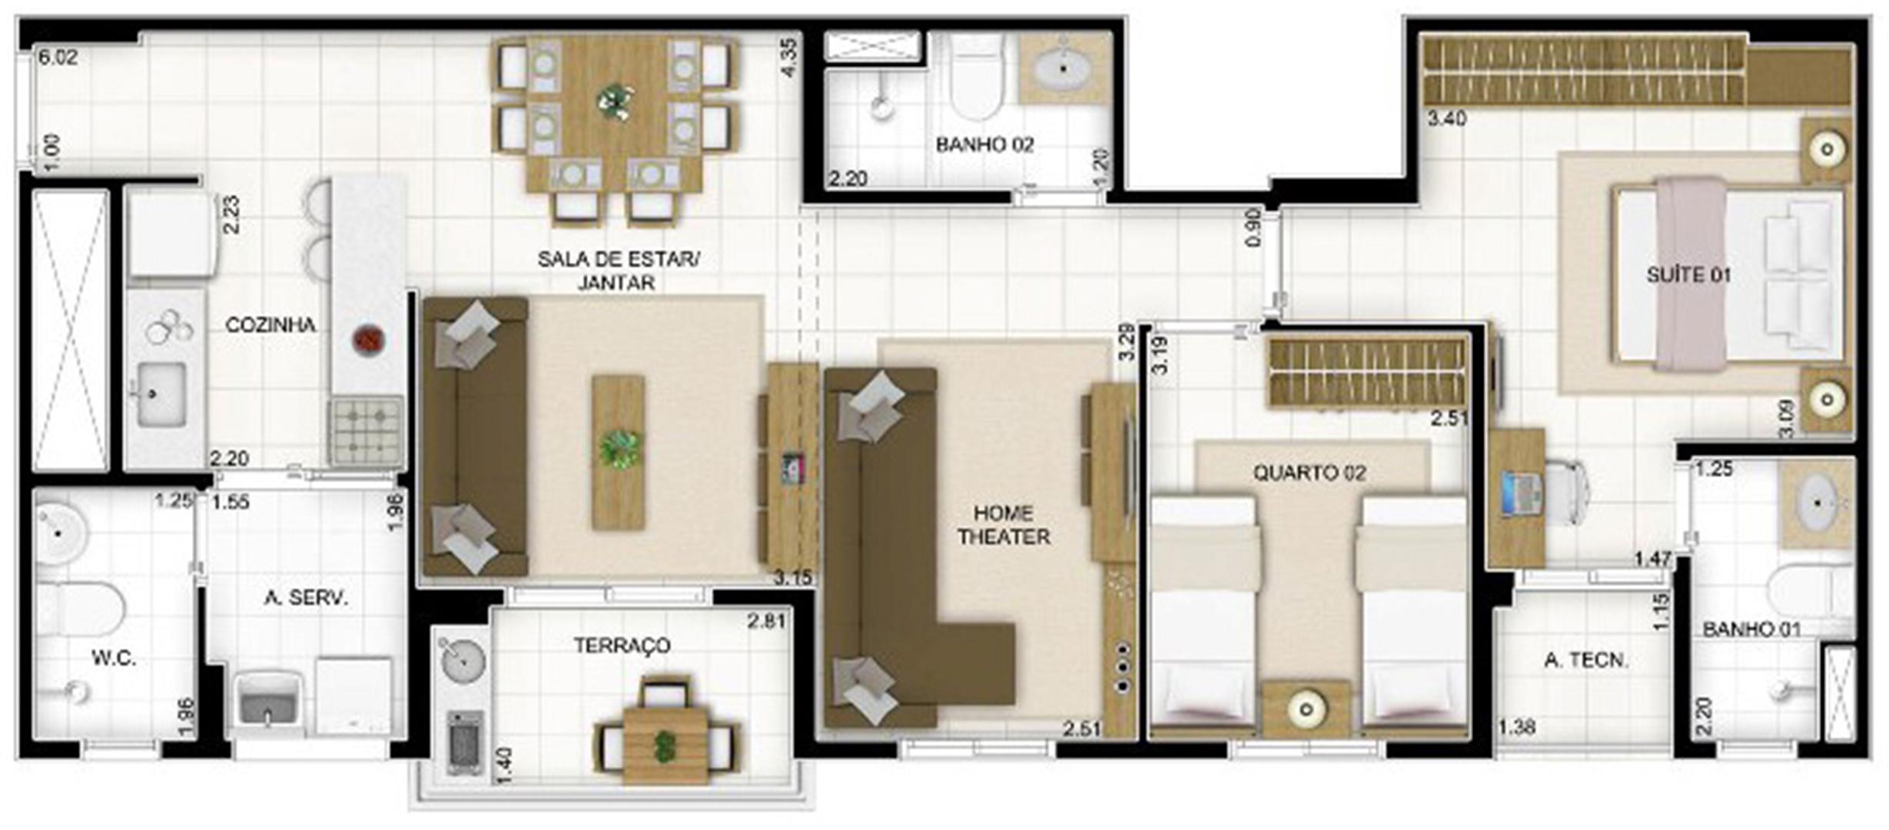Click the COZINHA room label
point(270,325)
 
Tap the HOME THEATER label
point(1004,525)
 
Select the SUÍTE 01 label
point(1688,274)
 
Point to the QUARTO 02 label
point(1310,473)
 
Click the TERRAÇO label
point(622,646)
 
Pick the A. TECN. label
point(1586,660)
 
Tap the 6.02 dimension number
point(58,58)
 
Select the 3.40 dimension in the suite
point(1447,119)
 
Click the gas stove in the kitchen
point(367,430)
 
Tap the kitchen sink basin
point(161,394)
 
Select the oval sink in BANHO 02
point(1064,69)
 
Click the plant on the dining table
point(615,101)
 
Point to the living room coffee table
point(618,452)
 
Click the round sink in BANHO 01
point(1818,503)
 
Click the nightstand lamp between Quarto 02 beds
point(1305,709)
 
